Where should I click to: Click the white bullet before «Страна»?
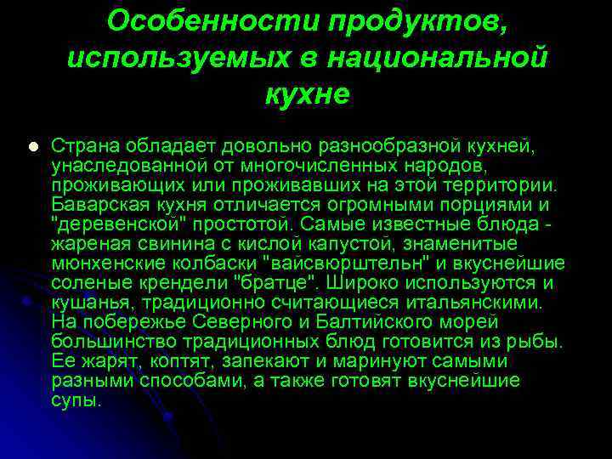tap(32, 145)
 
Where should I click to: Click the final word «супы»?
tap(76, 400)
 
